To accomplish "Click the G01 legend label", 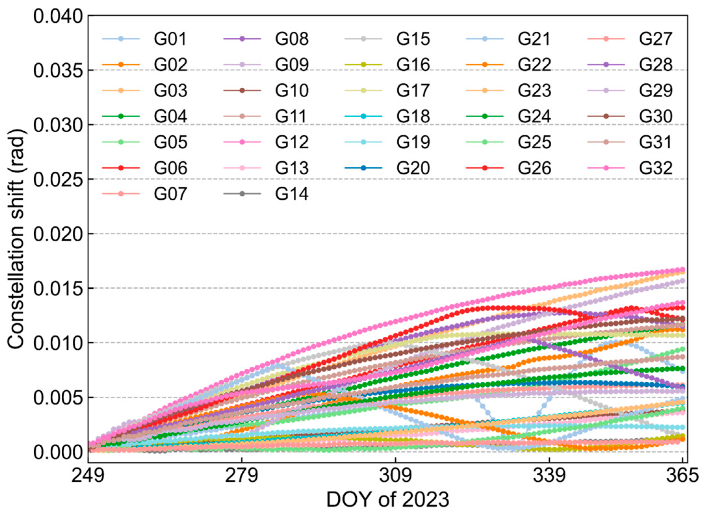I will (x=170, y=39).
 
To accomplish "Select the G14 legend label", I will (x=291, y=194).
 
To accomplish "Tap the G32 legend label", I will (x=655, y=168).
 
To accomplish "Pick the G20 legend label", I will (x=413, y=168).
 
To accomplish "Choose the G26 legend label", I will (x=534, y=168).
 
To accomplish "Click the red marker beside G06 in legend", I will (x=121, y=168).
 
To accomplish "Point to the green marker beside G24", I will (x=485, y=116).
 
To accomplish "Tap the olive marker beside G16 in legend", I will (x=364, y=65).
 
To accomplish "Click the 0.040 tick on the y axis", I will (x=58, y=16).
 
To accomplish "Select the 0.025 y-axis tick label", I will (x=58, y=179).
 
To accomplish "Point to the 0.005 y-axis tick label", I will (x=58, y=397).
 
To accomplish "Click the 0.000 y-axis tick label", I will (x=58, y=452).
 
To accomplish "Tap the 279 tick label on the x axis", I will (x=242, y=475).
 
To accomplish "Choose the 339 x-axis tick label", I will (x=549, y=475).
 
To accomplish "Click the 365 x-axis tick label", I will (x=682, y=475).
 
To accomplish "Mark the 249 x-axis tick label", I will (x=88, y=475).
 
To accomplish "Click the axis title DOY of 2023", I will (x=388, y=500).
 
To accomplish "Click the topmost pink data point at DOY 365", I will (x=682, y=270).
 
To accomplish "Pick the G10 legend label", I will (x=291, y=91).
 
